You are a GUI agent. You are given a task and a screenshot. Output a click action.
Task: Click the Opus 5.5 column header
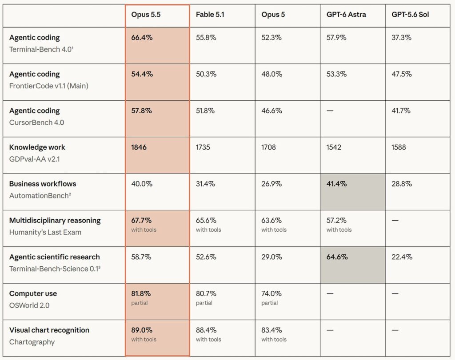coord(146,15)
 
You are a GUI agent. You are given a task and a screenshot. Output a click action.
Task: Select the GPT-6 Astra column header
coord(346,15)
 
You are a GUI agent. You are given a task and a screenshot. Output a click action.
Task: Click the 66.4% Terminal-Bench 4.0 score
coord(142,37)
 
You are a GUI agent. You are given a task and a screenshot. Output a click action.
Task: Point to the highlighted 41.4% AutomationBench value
coord(337,184)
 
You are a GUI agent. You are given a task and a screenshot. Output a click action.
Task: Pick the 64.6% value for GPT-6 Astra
coord(337,257)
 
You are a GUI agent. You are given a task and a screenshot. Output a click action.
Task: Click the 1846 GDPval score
coord(139,147)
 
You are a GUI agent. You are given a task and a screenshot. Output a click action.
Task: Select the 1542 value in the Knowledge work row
coord(334,147)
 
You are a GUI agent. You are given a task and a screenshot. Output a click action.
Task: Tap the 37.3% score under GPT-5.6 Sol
coord(401,37)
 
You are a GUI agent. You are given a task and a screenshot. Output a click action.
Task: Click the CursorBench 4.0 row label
coord(36,123)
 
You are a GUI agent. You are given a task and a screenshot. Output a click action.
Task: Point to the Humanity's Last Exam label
coord(45,232)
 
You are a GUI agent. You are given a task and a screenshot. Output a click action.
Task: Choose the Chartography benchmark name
coord(32,342)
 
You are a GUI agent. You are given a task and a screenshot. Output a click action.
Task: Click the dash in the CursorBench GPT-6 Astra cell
coord(330,111)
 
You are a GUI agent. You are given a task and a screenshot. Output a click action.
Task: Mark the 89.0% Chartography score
coord(142,330)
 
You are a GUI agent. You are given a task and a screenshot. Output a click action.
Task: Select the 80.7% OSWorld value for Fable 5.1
coord(206,293)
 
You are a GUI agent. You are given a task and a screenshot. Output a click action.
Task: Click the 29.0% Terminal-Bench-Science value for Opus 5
coord(271,257)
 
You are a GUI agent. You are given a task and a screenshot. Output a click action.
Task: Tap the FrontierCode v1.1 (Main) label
coord(49,86)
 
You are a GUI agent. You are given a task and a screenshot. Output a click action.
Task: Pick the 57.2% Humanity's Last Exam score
coord(336,220)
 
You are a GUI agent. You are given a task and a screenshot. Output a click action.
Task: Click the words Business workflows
coord(43,184)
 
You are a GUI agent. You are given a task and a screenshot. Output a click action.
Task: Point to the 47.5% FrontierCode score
coord(402,74)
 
